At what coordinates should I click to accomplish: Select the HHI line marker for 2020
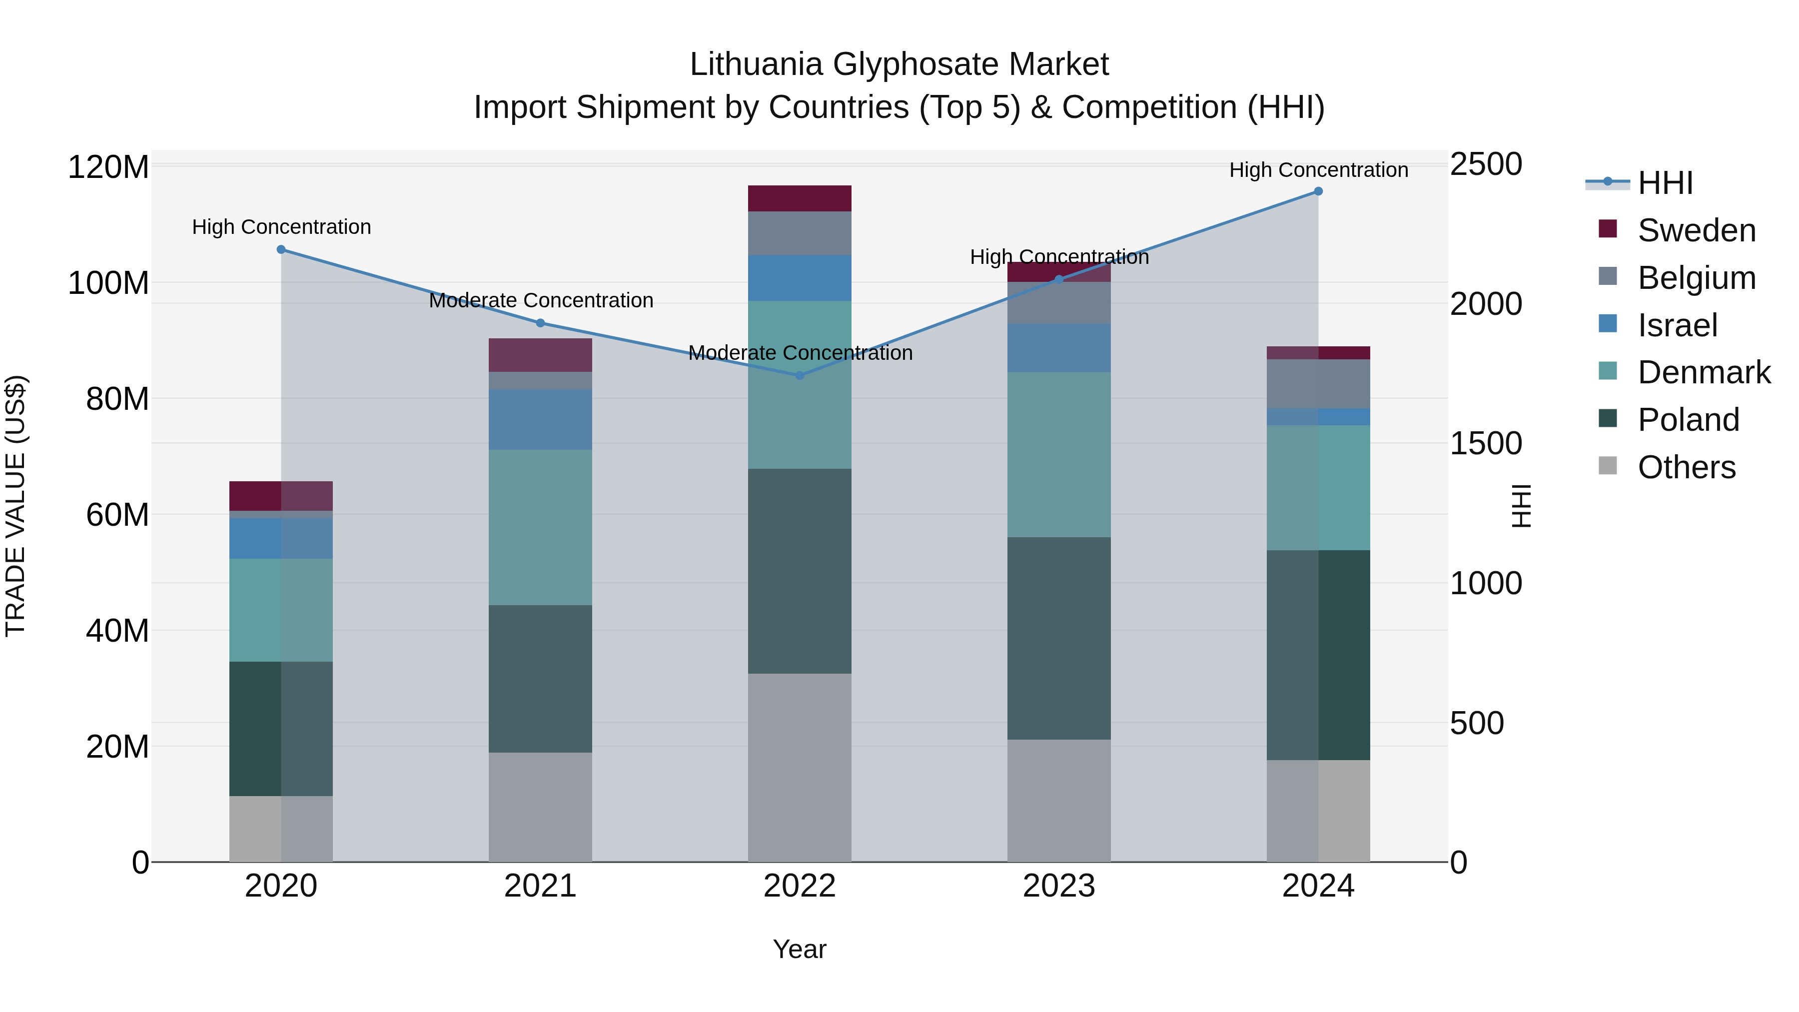tap(281, 249)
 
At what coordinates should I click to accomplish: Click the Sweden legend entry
tap(1696, 230)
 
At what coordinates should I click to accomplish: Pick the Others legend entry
tap(1686, 467)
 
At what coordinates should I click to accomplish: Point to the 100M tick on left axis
tap(108, 283)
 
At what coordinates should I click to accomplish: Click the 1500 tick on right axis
tap(1486, 443)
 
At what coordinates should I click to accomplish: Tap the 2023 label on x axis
tap(1059, 886)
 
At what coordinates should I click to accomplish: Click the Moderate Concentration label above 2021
tap(541, 300)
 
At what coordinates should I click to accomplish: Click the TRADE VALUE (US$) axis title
tap(15, 506)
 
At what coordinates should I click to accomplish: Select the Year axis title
tap(799, 949)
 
